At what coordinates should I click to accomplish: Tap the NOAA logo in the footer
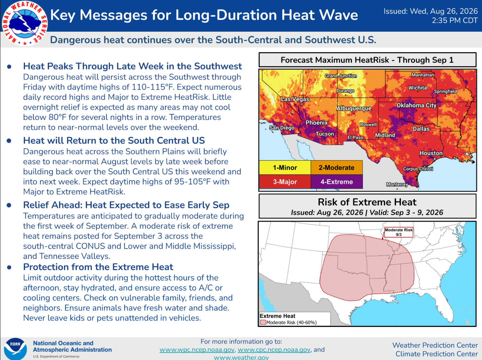click(15, 349)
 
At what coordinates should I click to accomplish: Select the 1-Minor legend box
click(285, 168)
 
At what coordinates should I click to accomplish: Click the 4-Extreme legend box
click(337, 182)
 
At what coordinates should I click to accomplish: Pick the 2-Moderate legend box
click(337, 168)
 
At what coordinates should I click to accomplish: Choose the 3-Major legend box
click(285, 182)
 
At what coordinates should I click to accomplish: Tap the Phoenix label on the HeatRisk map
click(317, 123)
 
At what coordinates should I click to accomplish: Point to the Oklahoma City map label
click(416, 105)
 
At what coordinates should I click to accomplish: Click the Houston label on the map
click(431, 153)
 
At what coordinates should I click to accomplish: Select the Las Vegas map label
click(295, 99)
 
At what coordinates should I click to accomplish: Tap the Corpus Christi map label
click(418, 169)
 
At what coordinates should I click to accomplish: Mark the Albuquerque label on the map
click(354, 108)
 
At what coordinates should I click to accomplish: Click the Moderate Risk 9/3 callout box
click(398, 232)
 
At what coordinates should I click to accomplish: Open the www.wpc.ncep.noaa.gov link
click(197, 350)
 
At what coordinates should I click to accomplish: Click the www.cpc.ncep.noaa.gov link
click(274, 350)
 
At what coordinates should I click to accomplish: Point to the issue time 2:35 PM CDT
click(455, 21)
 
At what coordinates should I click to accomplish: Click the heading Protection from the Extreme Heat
click(98, 267)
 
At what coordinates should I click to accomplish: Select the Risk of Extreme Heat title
click(367, 202)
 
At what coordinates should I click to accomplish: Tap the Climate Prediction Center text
click(436, 354)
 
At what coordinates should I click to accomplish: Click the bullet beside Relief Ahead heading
click(9, 205)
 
